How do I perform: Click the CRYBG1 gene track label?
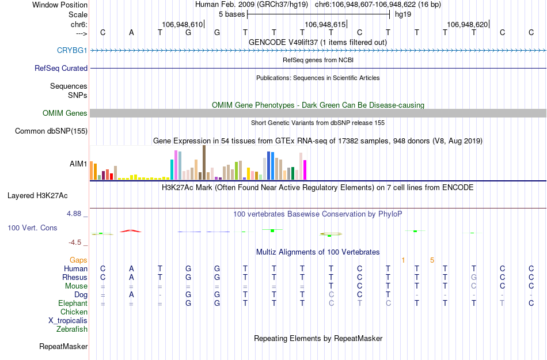(x=72, y=50)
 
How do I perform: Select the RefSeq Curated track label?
(x=61, y=68)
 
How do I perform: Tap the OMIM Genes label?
(x=65, y=113)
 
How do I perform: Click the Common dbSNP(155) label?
(x=51, y=131)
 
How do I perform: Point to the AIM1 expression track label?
(x=78, y=164)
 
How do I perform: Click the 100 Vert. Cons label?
(x=32, y=228)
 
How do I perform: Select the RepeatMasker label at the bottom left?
(x=63, y=347)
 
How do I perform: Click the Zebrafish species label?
(x=72, y=329)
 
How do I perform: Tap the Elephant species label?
(x=73, y=304)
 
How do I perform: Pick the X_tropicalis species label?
(x=68, y=321)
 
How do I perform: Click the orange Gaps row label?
(x=78, y=260)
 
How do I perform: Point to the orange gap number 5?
(x=432, y=260)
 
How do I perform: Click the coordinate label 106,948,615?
(x=325, y=25)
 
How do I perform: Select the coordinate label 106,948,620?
(x=468, y=25)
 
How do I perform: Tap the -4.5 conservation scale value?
(x=75, y=242)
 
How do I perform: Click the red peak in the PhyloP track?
(x=131, y=230)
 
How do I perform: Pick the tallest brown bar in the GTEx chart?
(x=204, y=162)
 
